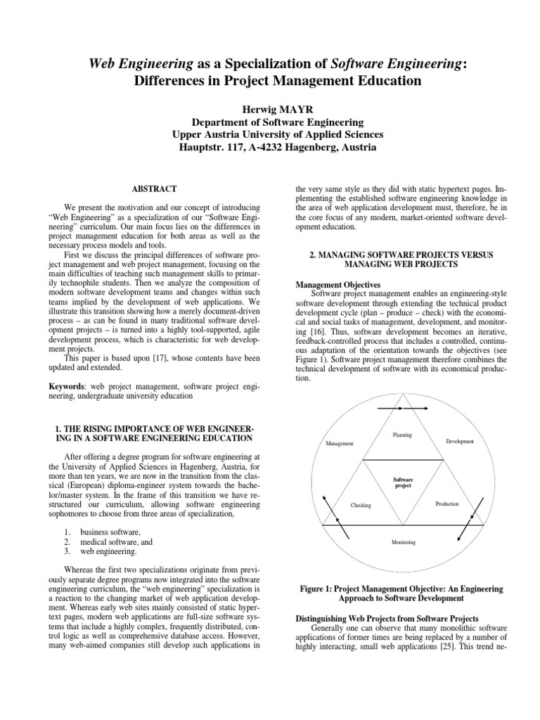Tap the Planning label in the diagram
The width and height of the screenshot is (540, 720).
[x=402, y=435]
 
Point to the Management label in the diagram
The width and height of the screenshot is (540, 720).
[x=340, y=444]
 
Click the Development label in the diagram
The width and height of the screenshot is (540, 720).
[x=460, y=441]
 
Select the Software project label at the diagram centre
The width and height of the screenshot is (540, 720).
[x=402, y=482]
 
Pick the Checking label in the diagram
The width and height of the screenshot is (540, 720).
[x=360, y=506]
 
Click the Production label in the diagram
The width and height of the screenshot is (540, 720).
[x=447, y=504]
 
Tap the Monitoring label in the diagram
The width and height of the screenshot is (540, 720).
[x=403, y=542]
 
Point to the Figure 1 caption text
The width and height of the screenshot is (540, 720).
[x=402, y=593]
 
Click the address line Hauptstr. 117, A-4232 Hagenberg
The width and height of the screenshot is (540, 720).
[x=269, y=148]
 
